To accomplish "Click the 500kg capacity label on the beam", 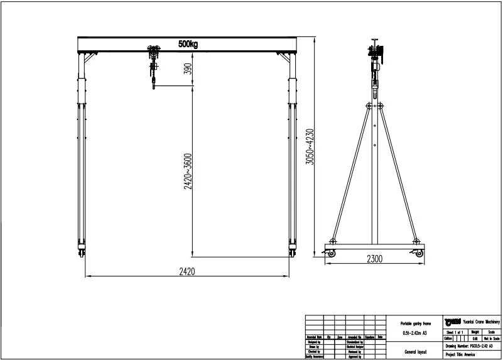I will (x=188, y=44).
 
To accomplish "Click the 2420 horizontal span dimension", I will (x=187, y=272).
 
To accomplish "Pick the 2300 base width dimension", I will (x=374, y=258).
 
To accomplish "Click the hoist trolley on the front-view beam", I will (x=153, y=50).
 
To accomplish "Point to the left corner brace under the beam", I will (x=89, y=59).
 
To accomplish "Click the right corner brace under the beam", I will (x=284, y=59).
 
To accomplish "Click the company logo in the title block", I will (x=451, y=321).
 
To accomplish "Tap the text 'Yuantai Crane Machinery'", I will (x=479, y=321).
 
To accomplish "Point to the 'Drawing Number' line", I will (x=469, y=346).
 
